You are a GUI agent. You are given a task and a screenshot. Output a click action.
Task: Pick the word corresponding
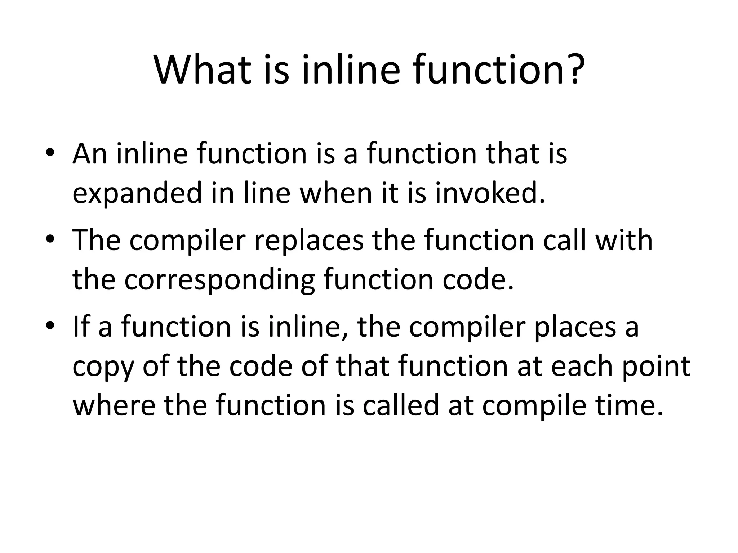point(220,280)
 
